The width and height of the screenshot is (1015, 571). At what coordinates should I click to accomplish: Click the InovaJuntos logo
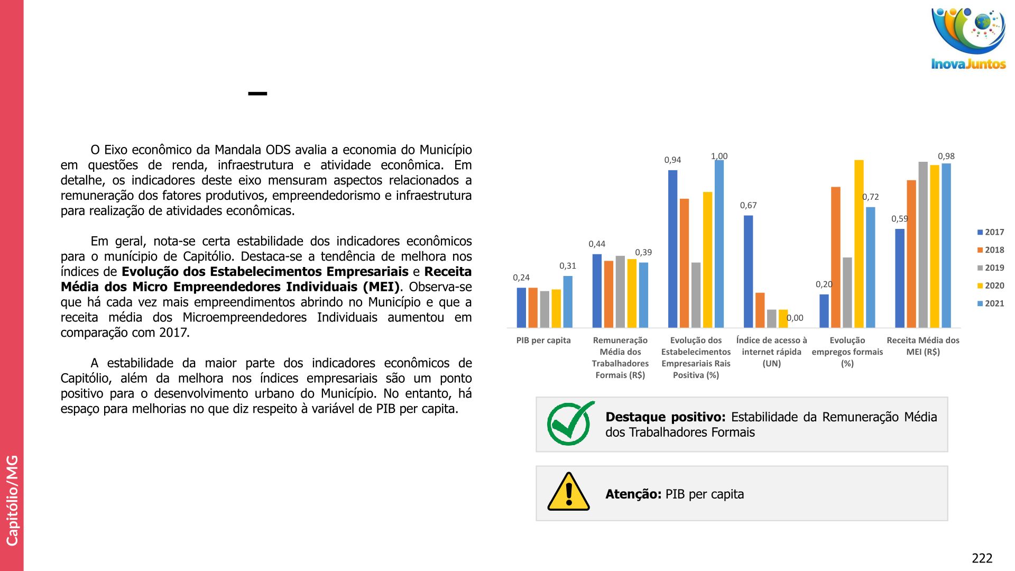(968, 38)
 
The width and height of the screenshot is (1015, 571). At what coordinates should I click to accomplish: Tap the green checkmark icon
(570, 423)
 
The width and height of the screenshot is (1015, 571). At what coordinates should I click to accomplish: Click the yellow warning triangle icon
(568, 492)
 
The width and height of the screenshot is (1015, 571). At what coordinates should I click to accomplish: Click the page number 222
(982, 558)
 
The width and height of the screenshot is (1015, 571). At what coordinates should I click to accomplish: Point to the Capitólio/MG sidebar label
(12, 500)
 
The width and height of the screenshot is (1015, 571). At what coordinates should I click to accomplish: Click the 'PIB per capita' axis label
(543, 340)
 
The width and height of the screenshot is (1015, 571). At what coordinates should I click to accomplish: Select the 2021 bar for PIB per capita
(568, 301)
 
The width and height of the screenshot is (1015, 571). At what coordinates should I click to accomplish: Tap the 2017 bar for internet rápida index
(748, 271)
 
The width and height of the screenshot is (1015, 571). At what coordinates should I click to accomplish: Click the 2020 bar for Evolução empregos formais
(859, 243)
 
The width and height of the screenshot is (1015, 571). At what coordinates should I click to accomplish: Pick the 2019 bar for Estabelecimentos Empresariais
(696, 294)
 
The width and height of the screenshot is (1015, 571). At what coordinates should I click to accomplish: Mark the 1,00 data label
(719, 156)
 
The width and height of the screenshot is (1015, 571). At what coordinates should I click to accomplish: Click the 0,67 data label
(748, 205)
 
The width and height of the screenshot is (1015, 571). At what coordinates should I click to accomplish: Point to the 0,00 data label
(795, 318)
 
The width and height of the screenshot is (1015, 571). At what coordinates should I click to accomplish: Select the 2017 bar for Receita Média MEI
(900, 278)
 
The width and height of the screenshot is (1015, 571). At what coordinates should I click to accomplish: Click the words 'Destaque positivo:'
(665, 417)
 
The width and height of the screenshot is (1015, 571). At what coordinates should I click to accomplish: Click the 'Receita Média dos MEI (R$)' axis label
(923, 346)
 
